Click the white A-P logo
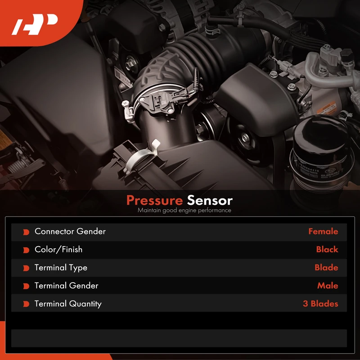point(35,24)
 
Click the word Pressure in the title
point(154,200)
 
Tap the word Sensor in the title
point(210,200)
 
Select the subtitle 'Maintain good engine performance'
point(184,210)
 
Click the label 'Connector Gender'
point(70,231)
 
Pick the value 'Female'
point(323,231)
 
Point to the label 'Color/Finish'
point(58,249)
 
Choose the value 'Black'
point(327,249)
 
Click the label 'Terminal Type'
point(61,268)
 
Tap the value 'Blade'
point(326,267)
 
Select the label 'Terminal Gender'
point(66,286)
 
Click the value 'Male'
point(328,286)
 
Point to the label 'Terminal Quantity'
point(68,304)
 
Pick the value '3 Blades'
point(320,304)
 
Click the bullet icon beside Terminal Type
point(26,268)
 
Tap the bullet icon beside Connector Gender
point(26,232)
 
